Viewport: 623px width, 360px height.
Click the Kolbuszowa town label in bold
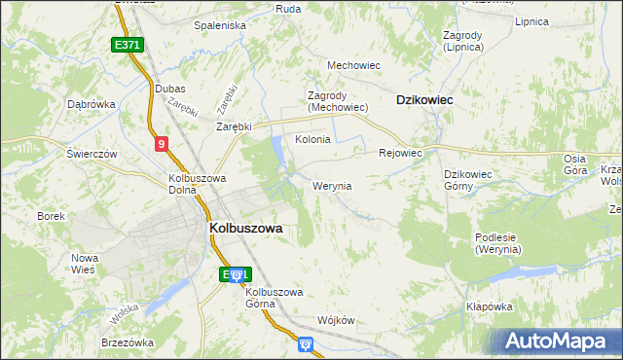pos(245,228)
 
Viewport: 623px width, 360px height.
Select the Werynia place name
pos(331,186)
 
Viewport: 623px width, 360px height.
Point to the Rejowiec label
pos(399,153)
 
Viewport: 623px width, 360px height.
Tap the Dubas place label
pos(169,89)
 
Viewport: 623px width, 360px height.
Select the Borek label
pos(51,215)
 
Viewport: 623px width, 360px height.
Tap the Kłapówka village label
pos(489,306)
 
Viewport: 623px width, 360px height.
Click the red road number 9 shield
pos(161,144)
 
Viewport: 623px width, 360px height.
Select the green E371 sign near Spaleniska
pos(128,45)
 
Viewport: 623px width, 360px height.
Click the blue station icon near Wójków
pos(306,343)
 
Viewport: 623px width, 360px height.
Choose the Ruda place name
pos(288,8)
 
